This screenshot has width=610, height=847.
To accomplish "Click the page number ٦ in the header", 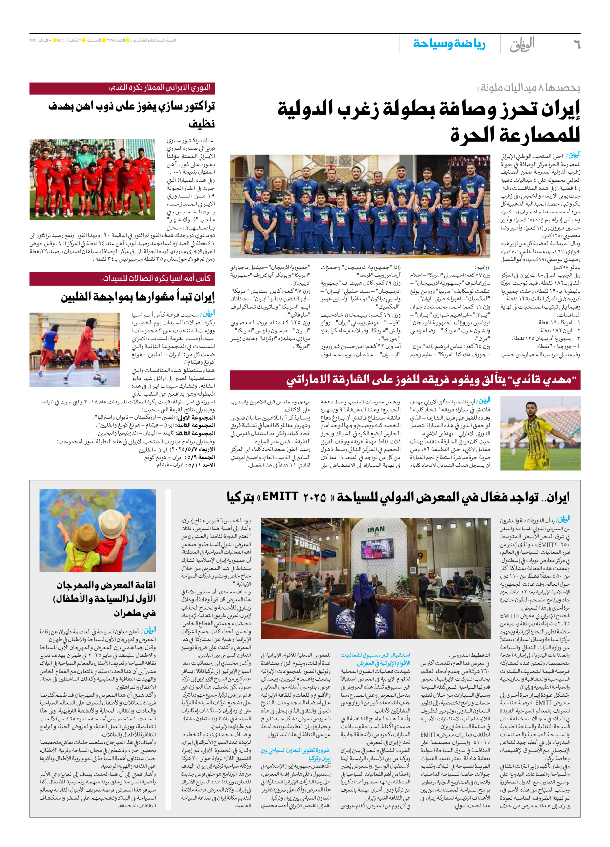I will (x=576, y=44).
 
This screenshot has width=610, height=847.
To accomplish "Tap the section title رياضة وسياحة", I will (x=449, y=44).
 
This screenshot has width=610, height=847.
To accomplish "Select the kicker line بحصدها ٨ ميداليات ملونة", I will (x=529, y=88).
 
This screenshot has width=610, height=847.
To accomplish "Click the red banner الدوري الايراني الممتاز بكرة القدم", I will (x=122, y=88).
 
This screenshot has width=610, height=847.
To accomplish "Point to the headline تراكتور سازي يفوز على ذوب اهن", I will (x=132, y=113).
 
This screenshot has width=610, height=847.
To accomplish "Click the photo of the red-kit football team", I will (x=92, y=179).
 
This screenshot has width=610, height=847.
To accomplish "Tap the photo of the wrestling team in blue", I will (x=360, y=206).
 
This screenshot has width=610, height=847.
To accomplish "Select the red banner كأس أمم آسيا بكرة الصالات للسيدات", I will (x=122, y=278).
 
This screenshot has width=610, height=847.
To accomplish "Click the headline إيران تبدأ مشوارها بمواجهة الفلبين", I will (x=138, y=297).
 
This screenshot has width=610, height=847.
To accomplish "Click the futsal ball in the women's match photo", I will (x=102, y=379).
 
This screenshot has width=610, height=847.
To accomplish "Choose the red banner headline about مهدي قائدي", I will (x=405, y=380).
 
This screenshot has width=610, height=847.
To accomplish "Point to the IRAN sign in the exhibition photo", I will (x=376, y=530).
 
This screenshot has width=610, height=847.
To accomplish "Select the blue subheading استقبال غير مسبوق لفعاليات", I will (x=375, y=658).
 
